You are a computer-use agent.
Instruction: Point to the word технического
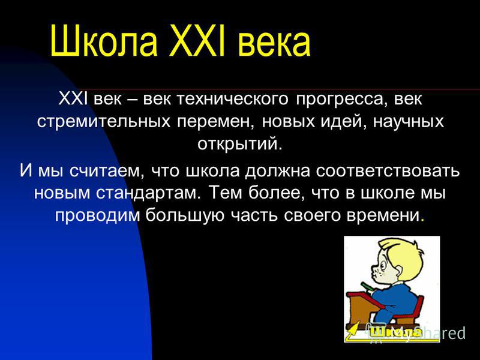coord(233,100)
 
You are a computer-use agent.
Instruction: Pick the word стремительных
coord(103,122)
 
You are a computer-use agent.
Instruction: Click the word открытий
coord(239,144)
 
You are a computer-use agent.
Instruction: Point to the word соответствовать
coord(388,171)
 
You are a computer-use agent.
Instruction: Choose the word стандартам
coord(148,193)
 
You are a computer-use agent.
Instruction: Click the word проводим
coord(97,215)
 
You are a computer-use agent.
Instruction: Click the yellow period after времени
coord(423,220)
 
